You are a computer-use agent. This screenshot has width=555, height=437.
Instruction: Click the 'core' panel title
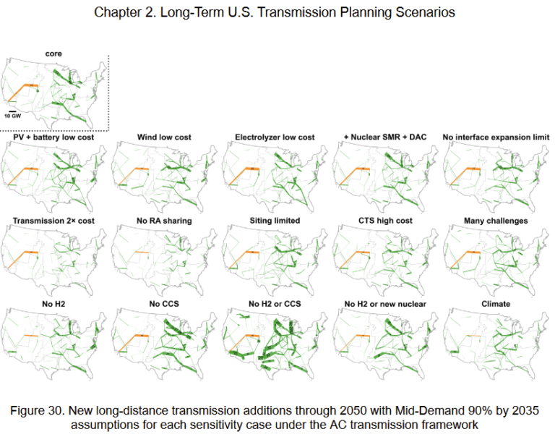54,54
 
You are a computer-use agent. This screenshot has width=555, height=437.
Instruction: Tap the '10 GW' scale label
13,115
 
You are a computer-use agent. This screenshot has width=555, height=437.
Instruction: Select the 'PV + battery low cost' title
53,137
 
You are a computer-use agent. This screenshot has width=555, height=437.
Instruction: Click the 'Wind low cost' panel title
164,137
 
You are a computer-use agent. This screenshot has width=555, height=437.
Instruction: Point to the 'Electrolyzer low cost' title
275,137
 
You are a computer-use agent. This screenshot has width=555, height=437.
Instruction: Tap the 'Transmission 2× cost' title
53,221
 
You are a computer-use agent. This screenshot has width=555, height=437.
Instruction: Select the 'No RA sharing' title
164,221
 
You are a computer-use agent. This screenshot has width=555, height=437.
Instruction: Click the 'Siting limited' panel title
275,221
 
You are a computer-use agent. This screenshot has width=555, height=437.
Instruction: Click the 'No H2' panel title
53,304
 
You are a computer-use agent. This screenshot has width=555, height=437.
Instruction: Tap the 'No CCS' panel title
164,304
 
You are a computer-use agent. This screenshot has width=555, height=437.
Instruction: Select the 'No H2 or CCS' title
275,304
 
